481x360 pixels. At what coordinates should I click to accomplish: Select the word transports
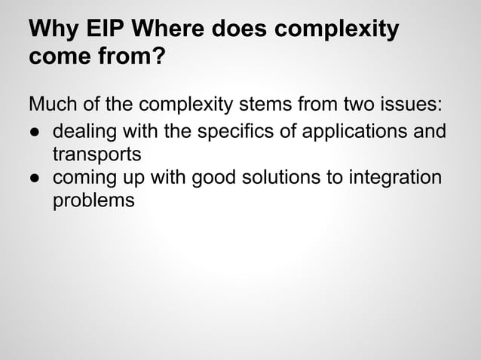point(97,156)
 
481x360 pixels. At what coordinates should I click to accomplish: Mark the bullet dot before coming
point(35,178)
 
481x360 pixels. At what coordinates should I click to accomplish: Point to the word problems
point(93,202)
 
